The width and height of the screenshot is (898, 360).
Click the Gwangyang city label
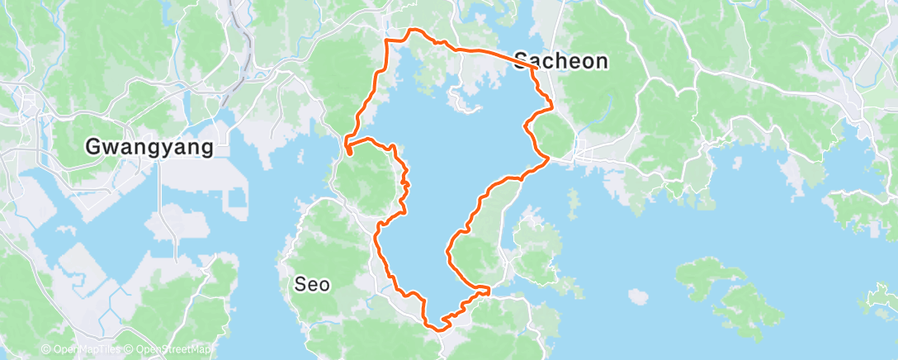tap(149, 148)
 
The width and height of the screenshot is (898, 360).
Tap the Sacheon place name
tap(560, 60)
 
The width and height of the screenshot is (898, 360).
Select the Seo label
tap(313, 285)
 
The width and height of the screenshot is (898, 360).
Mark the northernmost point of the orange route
tap(413, 30)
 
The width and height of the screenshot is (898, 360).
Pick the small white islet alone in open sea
tap(636, 295)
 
